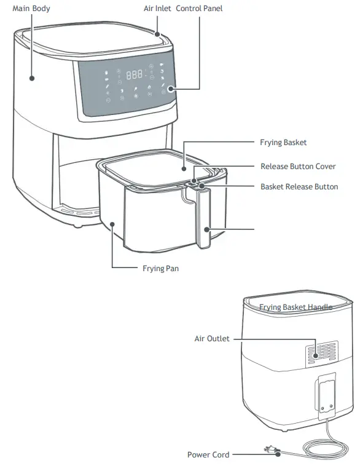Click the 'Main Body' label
[x=31, y=9]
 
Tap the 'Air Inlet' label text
[x=157, y=9]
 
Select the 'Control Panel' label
[x=200, y=9]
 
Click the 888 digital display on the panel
[x=134, y=74]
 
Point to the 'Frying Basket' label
[x=283, y=143]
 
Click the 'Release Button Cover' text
[x=298, y=167]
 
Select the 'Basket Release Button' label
[x=299, y=186]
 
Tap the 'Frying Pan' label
[x=160, y=269]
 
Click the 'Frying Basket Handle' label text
[x=295, y=307]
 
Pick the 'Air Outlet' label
[x=212, y=339]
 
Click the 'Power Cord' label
[x=208, y=455]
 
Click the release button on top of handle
[x=195, y=183]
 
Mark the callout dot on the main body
[x=31, y=77]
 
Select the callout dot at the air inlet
[x=157, y=35]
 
